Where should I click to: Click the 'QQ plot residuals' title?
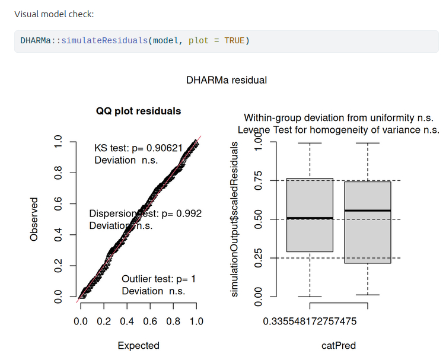(x=138, y=111)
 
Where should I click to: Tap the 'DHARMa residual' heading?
(x=227, y=79)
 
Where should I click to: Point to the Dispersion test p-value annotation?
(x=145, y=214)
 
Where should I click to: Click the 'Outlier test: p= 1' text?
(x=158, y=279)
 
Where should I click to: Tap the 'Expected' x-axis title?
(x=138, y=345)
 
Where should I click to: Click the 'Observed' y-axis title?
(x=34, y=219)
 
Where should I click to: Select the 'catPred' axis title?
(x=339, y=345)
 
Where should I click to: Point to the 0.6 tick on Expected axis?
(x=150, y=321)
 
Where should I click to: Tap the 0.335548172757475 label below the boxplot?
(x=310, y=321)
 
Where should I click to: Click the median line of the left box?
(x=310, y=218)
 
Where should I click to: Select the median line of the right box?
(x=368, y=211)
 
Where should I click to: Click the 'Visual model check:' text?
(x=54, y=14)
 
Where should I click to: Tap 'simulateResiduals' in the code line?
(x=104, y=41)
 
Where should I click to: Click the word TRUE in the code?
(x=234, y=41)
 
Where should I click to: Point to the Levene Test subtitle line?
(x=339, y=130)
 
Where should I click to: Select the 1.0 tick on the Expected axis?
(x=196, y=321)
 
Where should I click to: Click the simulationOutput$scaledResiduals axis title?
(x=235, y=219)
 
